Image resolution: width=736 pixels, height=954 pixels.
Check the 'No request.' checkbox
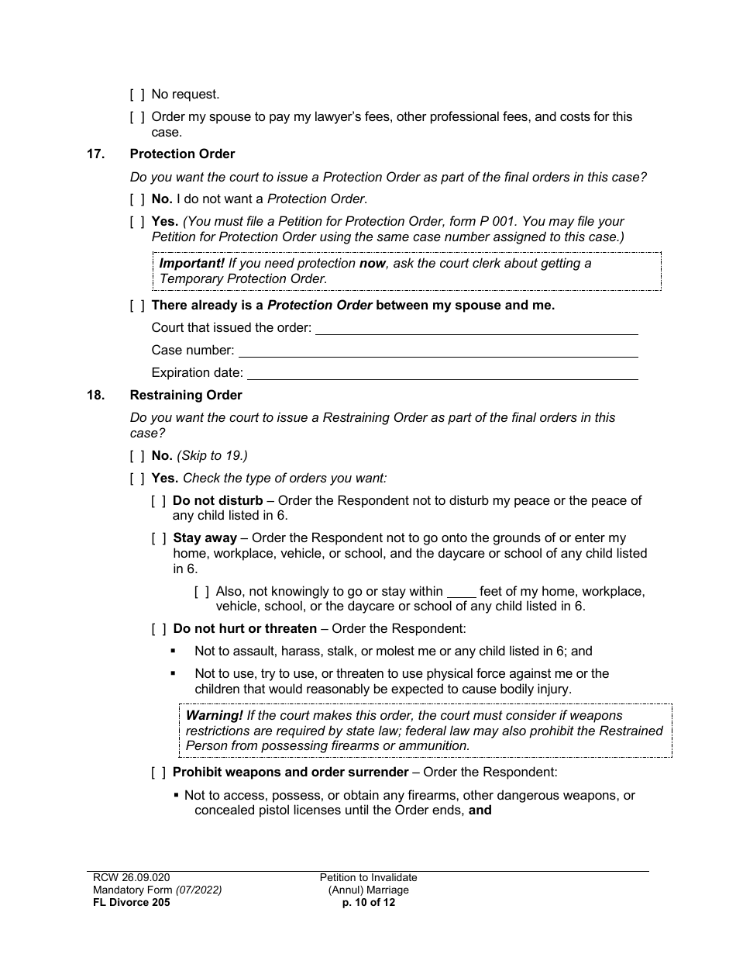click(x=137, y=95)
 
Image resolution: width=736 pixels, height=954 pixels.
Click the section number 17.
click(x=95, y=154)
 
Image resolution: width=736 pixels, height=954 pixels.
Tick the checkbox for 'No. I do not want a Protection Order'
click(x=137, y=199)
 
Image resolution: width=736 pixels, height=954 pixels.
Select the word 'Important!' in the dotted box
click(x=191, y=264)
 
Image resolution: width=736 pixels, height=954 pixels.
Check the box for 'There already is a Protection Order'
click(x=137, y=306)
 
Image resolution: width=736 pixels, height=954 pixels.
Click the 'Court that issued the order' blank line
click(x=476, y=329)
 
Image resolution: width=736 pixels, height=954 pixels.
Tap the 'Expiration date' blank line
click(x=442, y=374)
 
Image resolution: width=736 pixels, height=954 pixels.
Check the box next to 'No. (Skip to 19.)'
click(x=137, y=456)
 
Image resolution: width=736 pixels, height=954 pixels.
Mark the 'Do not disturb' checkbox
click(x=158, y=501)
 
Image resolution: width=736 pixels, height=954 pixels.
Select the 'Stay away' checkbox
click(x=158, y=538)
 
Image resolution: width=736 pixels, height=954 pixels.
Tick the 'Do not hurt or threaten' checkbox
click(x=158, y=629)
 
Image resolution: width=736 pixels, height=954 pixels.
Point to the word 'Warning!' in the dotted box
click(x=213, y=716)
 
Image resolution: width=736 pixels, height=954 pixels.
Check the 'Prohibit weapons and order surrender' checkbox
click(x=158, y=773)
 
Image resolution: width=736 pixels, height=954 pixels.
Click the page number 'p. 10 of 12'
click(x=368, y=903)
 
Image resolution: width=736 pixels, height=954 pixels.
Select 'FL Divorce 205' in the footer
click(x=127, y=903)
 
